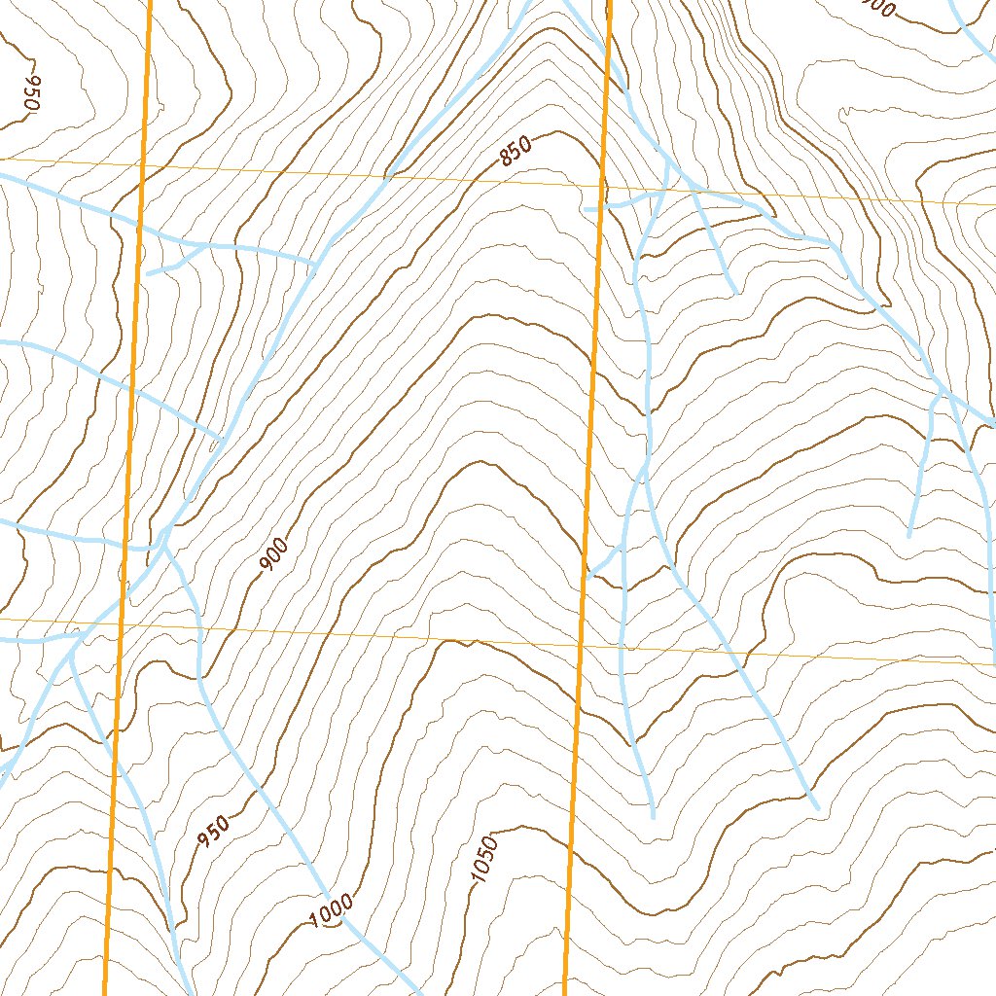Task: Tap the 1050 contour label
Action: point(484,860)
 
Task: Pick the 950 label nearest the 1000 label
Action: point(214,832)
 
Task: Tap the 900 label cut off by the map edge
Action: point(878,8)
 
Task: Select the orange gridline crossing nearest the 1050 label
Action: point(580,645)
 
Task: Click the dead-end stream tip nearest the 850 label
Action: point(587,208)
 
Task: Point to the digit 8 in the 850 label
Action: point(505,158)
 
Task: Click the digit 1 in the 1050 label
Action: point(476,879)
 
